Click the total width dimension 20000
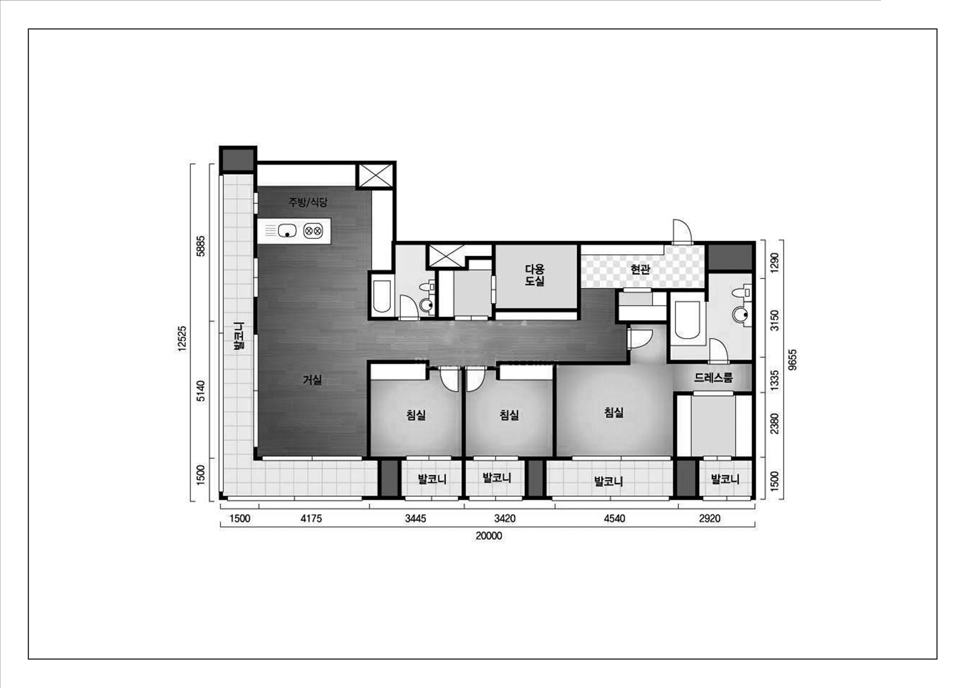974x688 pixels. [x=489, y=536]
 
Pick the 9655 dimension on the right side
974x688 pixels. [x=792, y=359]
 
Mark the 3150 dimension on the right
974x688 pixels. [x=775, y=320]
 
